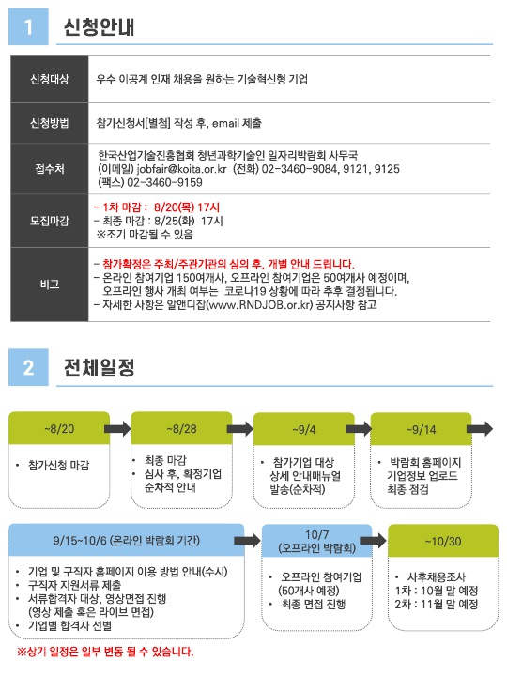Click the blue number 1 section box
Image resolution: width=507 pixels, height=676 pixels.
point(28,26)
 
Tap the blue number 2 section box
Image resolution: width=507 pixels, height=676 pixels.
point(28,367)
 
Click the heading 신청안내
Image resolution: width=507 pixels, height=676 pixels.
point(100,26)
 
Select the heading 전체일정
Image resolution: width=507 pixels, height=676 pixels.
point(100,368)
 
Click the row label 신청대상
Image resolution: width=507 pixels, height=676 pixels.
point(50,79)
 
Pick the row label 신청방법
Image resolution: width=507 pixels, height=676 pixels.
point(50,123)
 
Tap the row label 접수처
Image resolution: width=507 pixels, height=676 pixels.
point(50,169)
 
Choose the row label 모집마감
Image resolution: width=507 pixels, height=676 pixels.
point(50,221)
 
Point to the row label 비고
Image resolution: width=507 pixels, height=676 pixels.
point(50,284)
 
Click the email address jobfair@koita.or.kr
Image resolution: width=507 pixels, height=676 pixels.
point(181,169)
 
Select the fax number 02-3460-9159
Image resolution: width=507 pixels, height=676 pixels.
point(164,182)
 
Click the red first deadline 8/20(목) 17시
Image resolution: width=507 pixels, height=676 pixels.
point(187,207)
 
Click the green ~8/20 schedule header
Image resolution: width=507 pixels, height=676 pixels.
point(59,428)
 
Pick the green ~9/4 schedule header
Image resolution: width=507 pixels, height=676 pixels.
point(304,429)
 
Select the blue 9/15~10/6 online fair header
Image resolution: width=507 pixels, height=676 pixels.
point(127,540)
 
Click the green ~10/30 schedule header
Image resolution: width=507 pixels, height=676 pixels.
point(443,541)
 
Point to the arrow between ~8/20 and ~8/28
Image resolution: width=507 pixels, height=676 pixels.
point(117,428)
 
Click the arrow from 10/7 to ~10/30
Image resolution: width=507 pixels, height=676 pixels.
point(374,541)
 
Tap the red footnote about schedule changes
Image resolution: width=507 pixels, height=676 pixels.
point(105,652)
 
